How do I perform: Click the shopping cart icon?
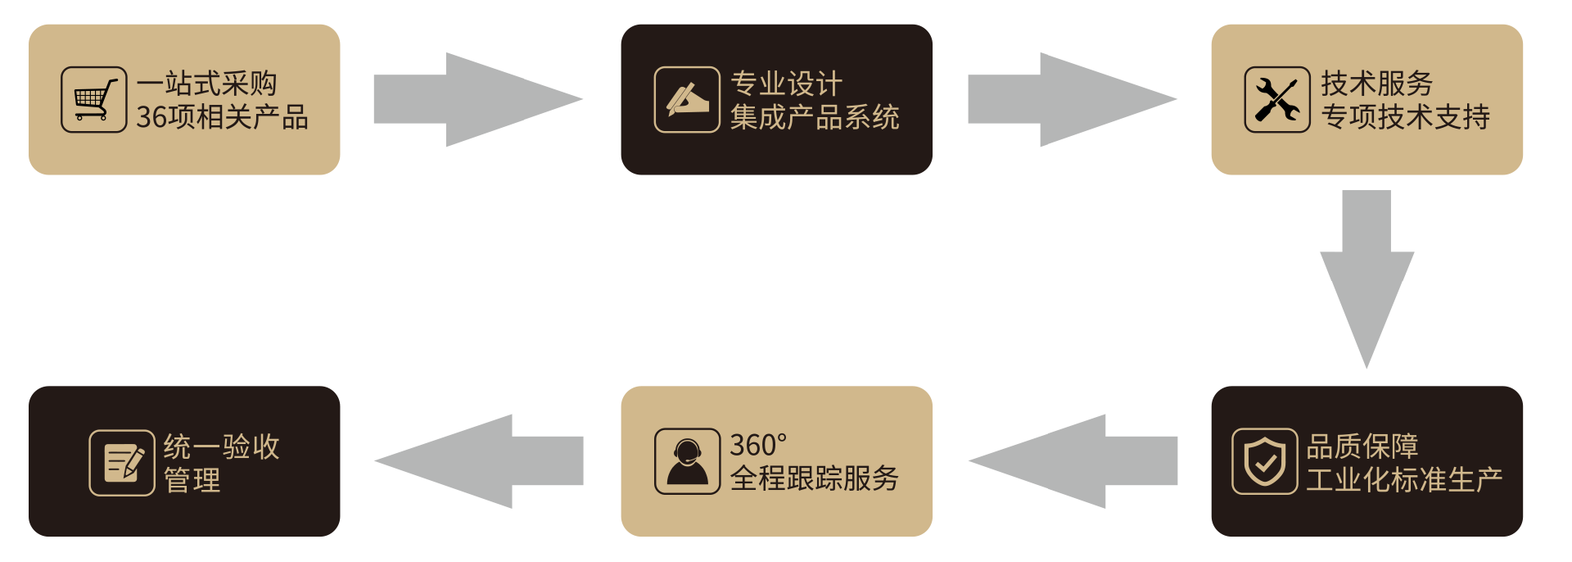point(93,100)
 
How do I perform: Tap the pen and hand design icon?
point(687,100)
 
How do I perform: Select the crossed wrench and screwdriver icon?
point(1276,100)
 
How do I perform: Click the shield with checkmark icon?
point(1264,461)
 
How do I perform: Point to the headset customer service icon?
point(687,461)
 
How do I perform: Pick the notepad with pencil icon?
point(122,463)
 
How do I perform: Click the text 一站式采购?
point(206,84)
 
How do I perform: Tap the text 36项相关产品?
point(222,117)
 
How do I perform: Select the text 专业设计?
point(786,84)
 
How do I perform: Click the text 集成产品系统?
point(815,117)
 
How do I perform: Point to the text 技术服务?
point(1376,84)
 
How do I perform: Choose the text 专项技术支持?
point(1405,117)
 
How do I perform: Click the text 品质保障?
point(1362,446)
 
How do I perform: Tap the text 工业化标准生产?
point(1404,479)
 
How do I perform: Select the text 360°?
point(758,446)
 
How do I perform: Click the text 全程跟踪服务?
point(815,478)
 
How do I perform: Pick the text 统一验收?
point(222,446)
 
